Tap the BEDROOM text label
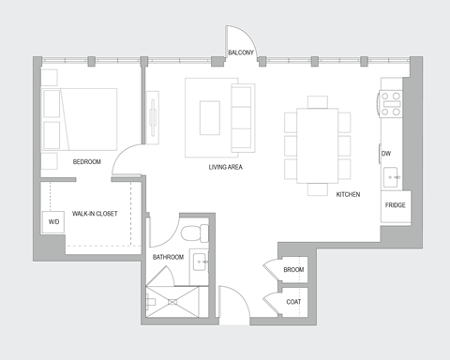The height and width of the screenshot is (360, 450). click(87, 161)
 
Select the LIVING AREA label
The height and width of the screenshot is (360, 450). click(227, 167)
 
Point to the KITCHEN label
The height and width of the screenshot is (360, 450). click(349, 194)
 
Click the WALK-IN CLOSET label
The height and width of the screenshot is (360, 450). click(95, 214)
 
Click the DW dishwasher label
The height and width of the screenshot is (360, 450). click(385, 153)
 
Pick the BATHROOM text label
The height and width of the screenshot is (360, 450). click(168, 256)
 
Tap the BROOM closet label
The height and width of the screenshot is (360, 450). click(293, 270)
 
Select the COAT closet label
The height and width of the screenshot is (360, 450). click(293, 301)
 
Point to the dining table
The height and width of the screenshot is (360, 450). click(317, 142)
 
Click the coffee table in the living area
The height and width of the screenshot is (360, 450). click(209, 115)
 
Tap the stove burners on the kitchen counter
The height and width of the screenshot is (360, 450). click(391, 103)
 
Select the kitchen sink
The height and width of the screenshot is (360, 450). click(392, 174)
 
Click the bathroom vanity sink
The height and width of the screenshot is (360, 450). click(199, 262)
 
